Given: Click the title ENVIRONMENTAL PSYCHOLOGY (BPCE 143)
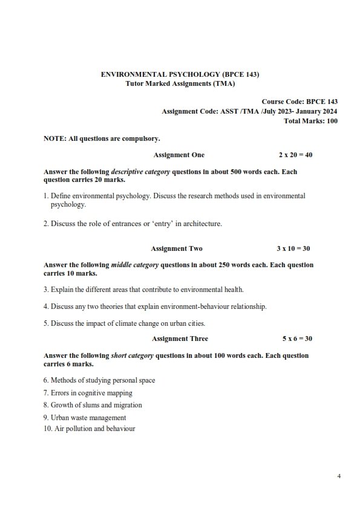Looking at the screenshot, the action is (180, 74).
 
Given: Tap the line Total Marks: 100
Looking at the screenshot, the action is (310, 121).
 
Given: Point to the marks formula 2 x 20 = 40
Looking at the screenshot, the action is (295, 155).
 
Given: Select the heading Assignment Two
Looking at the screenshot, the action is (177, 248).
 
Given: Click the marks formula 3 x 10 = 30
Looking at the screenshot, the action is (293, 248).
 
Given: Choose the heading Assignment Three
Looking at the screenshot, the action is (180, 339).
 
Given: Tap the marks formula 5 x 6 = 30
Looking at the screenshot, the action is (297, 339).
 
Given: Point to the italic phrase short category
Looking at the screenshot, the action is (130, 355).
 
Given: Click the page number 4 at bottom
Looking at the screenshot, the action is (339, 477).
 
